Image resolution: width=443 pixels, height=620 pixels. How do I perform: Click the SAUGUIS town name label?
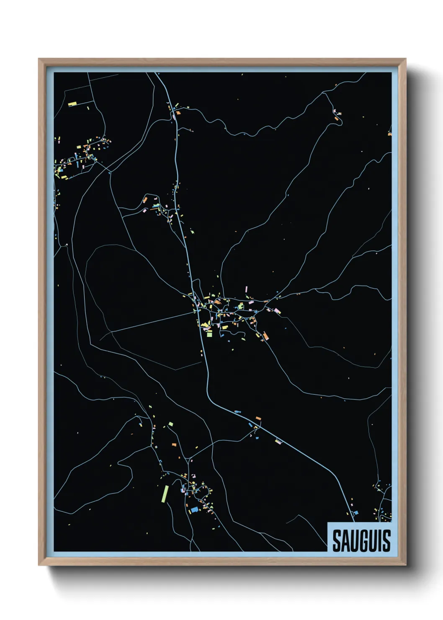(x=361, y=540)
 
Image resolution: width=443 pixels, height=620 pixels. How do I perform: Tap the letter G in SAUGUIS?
(x=361, y=541)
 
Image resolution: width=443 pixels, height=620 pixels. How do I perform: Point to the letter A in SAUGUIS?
(x=343, y=541)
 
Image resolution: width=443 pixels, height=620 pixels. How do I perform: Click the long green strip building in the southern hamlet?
(x=165, y=493)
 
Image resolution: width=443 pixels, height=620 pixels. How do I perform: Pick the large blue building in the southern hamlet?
(x=194, y=509)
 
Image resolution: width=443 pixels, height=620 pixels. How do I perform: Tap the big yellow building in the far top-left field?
(x=72, y=103)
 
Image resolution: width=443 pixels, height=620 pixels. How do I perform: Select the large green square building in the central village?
(x=209, y=333)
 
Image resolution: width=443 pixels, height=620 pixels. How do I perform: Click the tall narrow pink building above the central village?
(x=246, y=289)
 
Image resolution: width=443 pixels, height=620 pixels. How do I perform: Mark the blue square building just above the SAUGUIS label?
(x=356, y=512)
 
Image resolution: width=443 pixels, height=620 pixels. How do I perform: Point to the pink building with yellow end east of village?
(x=277, y=311)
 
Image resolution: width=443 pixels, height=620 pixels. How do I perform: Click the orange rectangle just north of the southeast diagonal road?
(x=258, y=418)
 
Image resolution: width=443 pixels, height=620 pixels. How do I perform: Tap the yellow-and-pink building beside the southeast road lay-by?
(x=278, y=441)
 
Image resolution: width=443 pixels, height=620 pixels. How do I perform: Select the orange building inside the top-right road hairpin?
(x=336, y=119)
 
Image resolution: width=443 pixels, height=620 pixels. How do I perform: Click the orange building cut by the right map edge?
(x=389, y=134)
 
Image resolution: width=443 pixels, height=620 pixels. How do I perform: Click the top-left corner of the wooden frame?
(x=39, y=59)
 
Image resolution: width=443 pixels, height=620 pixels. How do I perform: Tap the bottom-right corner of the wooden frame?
(x=405, y=565)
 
